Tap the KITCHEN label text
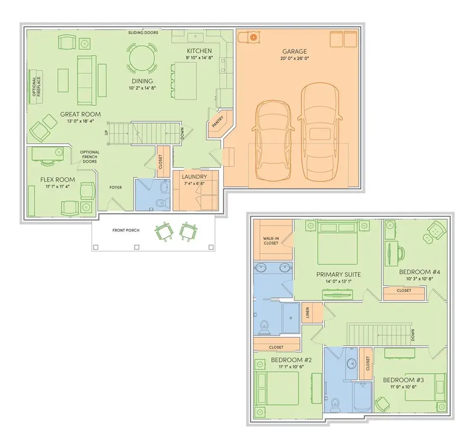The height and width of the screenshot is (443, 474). [199, 51]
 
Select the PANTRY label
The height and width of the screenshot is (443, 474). [216, 123]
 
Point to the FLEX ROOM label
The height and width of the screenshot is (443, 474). [58, 179]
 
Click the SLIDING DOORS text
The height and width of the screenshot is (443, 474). [143, 33]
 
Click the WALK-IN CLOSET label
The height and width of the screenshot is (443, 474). [270, 240]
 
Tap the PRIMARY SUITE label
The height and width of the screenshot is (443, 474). [338, 274]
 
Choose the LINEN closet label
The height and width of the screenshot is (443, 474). [308, 312]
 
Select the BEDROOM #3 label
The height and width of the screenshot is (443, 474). [403, 380]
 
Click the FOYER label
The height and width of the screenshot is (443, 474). [116, 187]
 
